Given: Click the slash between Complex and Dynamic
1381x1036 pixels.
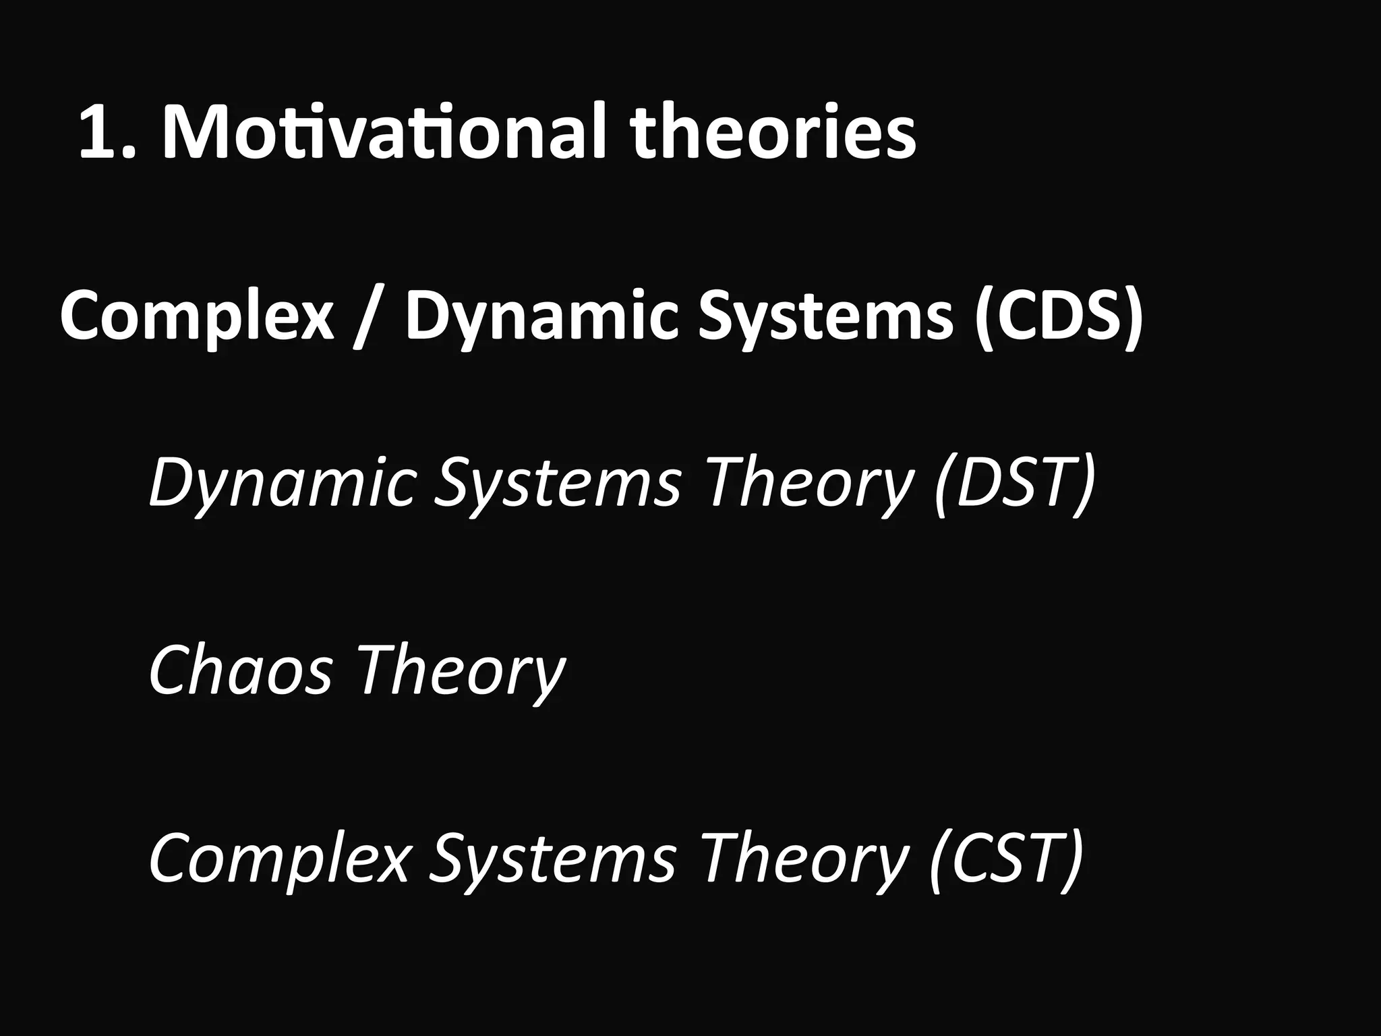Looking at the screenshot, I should point(369,317).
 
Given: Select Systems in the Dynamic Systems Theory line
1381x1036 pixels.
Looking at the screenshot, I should point(556,483).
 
